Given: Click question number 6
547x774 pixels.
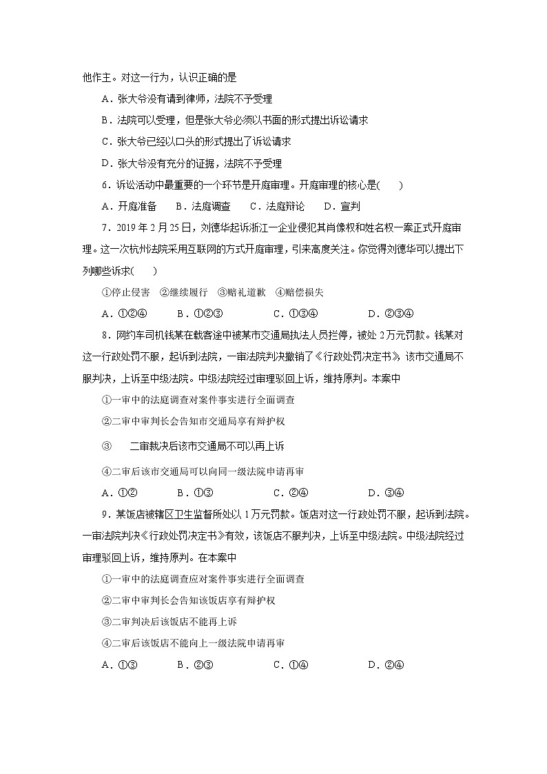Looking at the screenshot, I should pyautogui.click(x=104, y=185).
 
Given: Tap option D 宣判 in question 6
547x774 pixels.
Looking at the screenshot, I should pyautogui.click(x=342, y=206).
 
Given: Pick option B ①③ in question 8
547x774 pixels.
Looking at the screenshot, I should pyautogui.click(x=194, y=492).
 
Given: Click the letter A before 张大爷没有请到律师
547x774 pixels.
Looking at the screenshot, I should pyautogui.click(x=105, y=99).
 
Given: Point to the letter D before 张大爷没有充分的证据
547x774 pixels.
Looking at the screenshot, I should pyautogui.click(x=105, y=163).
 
